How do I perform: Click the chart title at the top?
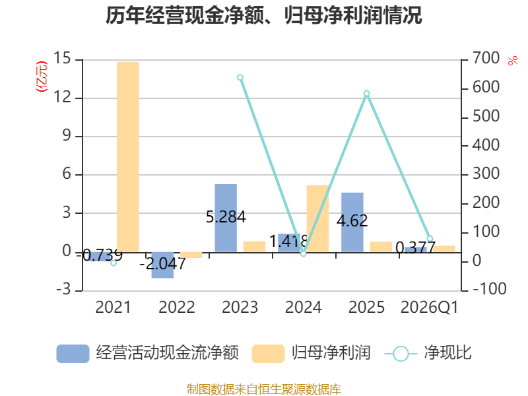(x=263, y=15)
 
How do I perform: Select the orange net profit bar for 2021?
(x=127, y=157)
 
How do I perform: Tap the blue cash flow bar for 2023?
(x=226, y=218)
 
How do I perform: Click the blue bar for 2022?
(x=162, y=265)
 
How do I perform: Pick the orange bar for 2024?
(x=317, y=218)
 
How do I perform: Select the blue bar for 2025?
(x=352, y=222)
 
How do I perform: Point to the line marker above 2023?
(x=240, y=78)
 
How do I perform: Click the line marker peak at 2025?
(x=367, y=94)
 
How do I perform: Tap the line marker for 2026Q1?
(x=430, y=239)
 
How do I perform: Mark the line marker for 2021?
(x=114, y=263)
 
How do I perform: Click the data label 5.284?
(x=226, y=217)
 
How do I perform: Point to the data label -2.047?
(x=162, y=263)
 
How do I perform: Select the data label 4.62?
(x=352, y=221)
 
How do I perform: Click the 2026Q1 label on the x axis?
(x=430, y=307)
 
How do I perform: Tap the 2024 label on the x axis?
(x=304, y=307)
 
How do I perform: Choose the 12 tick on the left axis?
(x=63, y=97)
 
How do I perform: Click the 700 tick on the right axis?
(x=486, y=58)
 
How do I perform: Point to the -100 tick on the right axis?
(x=490, y=289)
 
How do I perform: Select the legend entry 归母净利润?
(x=311, y=353)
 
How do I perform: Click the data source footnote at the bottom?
(x=263, y=389)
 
